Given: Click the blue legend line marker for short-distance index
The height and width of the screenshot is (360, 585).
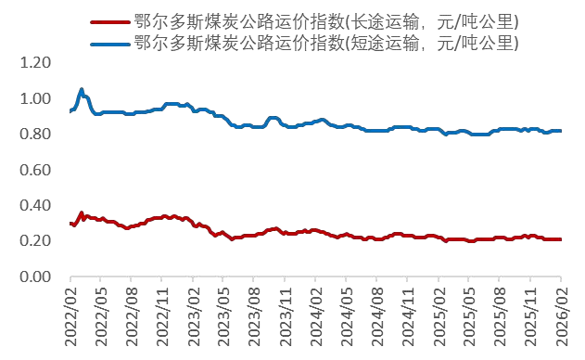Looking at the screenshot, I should (x=109, y=43).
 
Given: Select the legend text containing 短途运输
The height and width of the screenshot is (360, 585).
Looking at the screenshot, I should (x=325, y=43).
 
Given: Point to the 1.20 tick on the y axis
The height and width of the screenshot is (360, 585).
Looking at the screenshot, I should (x=37, y=63).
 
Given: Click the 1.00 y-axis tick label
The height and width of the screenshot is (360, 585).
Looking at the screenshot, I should (x=37, y=98).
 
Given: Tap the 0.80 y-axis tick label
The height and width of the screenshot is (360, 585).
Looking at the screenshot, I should (x=37, y=135).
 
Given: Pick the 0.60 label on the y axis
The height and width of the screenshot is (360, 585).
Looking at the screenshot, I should (x=37, y=170).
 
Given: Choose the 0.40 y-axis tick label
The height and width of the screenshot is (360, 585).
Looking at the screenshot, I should (x=37, y=206).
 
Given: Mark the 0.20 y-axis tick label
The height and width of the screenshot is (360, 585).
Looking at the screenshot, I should (x=37, y=241).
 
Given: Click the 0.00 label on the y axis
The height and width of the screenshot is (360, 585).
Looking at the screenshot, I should (x=37, y=277).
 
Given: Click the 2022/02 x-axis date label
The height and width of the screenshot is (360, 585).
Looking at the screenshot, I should (x=71, y=316).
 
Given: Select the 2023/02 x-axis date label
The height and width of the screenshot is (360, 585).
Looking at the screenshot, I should (x=194, y=316).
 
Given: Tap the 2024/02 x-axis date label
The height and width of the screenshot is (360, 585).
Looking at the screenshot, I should (x=316, y=316).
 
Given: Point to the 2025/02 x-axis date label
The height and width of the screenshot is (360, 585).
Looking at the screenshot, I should (x=439, y=316).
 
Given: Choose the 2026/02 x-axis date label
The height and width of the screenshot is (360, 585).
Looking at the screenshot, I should (x=561, y=316).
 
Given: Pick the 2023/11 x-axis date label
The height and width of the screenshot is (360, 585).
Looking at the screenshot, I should (x=286, y=316).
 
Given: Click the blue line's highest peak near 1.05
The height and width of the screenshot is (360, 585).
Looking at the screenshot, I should (x=82, y=90).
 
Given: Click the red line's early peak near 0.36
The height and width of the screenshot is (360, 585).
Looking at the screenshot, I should (x=82, y=213).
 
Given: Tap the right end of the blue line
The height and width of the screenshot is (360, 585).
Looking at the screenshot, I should (x=560, y=131).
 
